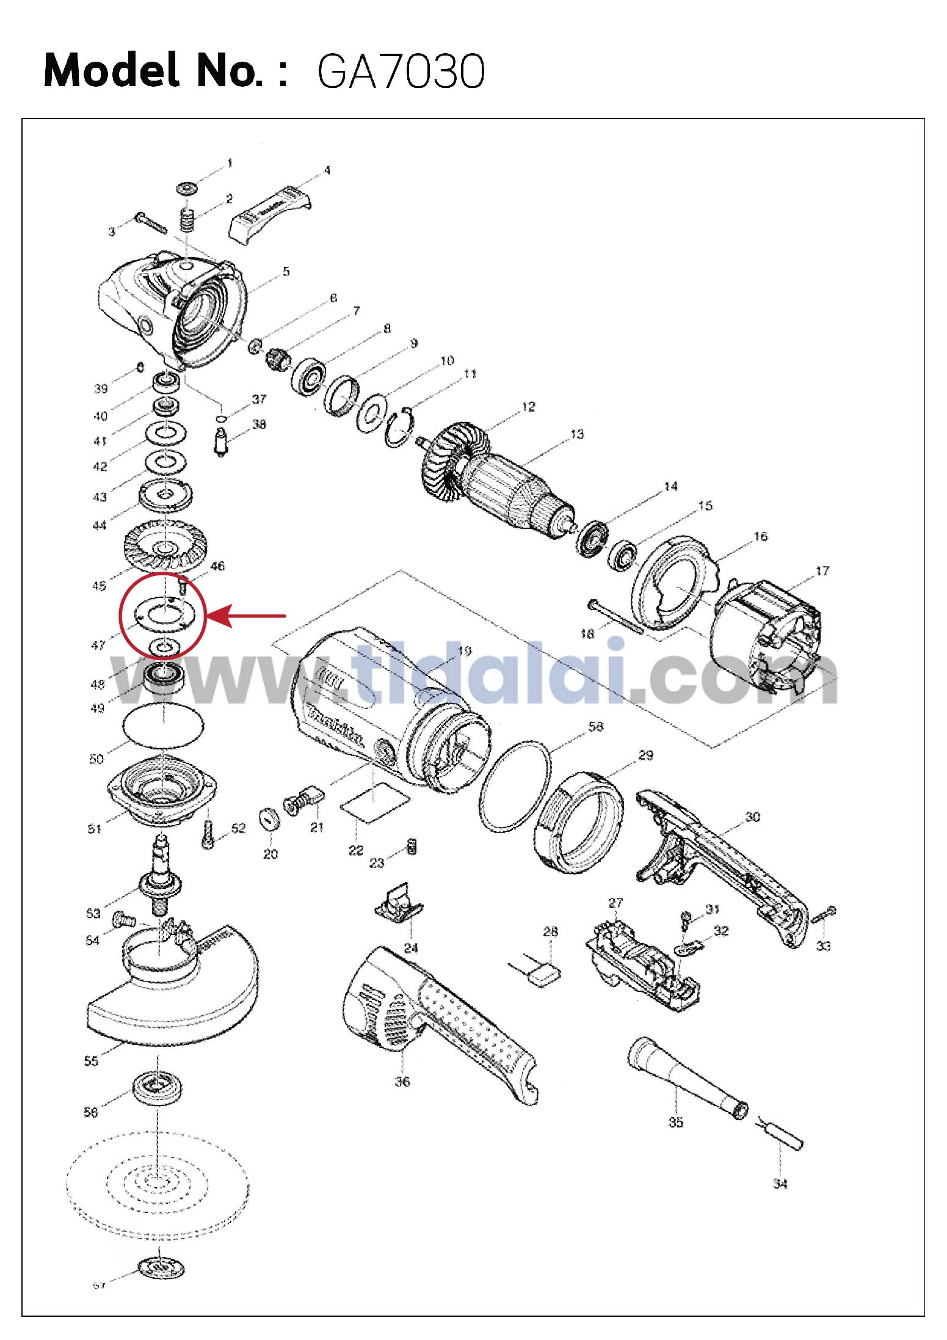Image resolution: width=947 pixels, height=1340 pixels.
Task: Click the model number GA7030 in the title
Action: (x=401, y=72)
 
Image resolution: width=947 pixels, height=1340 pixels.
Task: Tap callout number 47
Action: (x=98, y=644)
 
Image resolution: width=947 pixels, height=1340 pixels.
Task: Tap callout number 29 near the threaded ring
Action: (x=645, y=756)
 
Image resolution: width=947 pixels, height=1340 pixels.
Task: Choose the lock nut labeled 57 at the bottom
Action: (x=161, y=1268)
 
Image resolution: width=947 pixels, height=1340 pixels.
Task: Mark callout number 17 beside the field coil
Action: (x=822, y=570)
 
